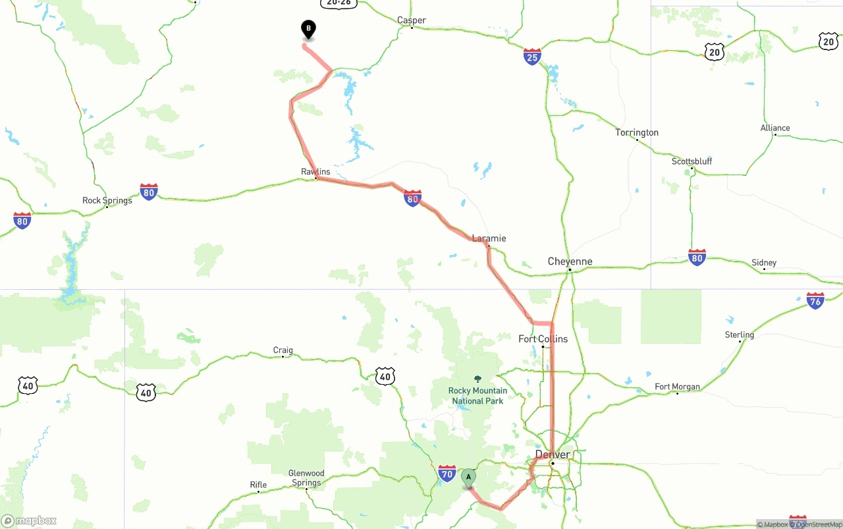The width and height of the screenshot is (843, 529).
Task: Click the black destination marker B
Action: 308,30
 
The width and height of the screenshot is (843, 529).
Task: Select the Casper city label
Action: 412,20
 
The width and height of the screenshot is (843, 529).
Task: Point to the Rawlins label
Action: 315,172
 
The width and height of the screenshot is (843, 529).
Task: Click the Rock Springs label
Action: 107,200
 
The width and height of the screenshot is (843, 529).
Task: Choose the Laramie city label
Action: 489,238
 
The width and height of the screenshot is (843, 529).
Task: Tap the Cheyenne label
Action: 570,262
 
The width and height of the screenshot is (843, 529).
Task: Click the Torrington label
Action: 636,132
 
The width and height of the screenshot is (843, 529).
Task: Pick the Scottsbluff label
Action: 692,161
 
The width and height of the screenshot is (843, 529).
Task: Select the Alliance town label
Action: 775,128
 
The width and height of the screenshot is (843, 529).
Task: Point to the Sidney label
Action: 764,263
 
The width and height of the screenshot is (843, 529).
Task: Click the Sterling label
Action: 739,335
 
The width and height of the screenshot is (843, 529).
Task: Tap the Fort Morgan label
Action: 677,387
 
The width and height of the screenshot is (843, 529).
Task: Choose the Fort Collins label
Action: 543,339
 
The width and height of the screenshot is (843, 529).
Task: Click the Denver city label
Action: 553,455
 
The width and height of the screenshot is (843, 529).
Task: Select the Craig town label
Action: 283,350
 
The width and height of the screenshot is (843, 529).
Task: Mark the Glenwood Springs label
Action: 306,478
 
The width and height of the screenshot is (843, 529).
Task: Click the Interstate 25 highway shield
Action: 532,57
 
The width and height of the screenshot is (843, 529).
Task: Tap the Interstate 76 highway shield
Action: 815,301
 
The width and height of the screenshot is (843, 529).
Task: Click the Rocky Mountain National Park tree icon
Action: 477,379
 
